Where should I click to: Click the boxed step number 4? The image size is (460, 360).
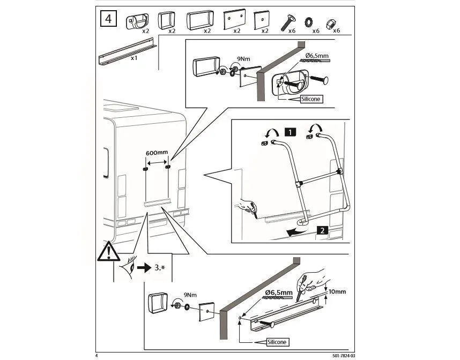click(x=108, y=19)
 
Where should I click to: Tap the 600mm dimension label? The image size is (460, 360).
click(x=157, y=153)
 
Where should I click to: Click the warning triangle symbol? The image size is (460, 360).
click(x=108, y=251)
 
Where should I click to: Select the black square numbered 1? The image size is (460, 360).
click(x=290, y=132)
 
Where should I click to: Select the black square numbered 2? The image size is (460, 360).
click(x=322, y=230)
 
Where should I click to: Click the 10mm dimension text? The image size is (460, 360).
click(x=337, y=291)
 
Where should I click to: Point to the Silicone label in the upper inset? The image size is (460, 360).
click(x=311, y=99)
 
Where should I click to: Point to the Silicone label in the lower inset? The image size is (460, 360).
click(x=277, y=342)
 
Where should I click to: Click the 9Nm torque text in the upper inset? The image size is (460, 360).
click(x=243, y=59)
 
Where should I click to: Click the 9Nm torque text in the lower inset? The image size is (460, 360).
click(x=190, y=295)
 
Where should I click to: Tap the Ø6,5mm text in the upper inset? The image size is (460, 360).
click(x=317, y=55)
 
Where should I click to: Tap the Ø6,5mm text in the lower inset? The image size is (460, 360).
click(x=279, y=292)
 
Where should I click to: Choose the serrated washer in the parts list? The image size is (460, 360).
click(x=309, y=22)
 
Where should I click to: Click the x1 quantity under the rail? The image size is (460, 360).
click(x=134, y=58)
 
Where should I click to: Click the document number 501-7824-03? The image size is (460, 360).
click(x=344, y=356)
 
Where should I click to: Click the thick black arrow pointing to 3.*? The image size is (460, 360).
click(x=144, y=268)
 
